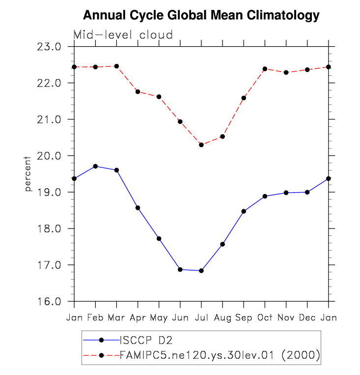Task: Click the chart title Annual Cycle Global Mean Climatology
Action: pos(201,15)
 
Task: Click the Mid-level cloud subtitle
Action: pos(123,34)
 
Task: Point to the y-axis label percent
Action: pos(28,173)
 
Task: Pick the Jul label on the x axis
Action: pos(201,318)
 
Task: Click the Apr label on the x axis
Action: pos(138,318)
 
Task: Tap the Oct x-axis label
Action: pos(265,318)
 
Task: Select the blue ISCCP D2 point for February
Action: pos(96,166)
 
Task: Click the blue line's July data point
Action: pos(201,271)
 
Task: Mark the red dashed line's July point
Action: pos(201,144)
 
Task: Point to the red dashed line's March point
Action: pos(117,66)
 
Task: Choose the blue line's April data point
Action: pos(138,208)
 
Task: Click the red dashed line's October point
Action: pos(265,69)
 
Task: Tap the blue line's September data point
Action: pos(244,211)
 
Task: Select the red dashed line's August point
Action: pos(222,137)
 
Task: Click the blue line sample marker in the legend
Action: pos(102,340)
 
